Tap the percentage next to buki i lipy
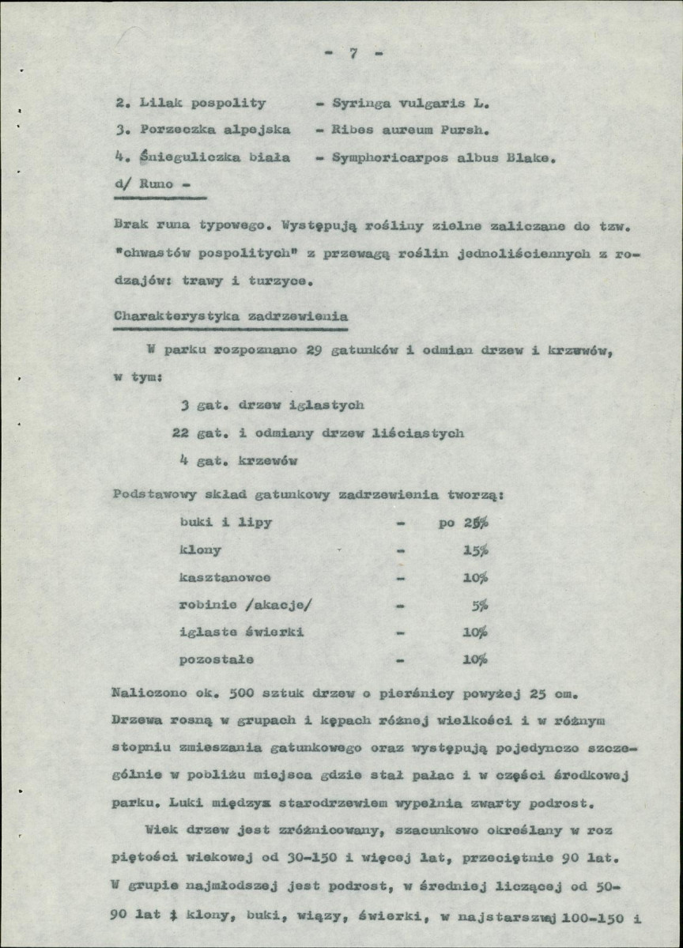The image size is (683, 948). pos(477,523)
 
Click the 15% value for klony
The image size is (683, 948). pos(476,550)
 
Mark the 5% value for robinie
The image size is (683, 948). pos(480,605)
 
